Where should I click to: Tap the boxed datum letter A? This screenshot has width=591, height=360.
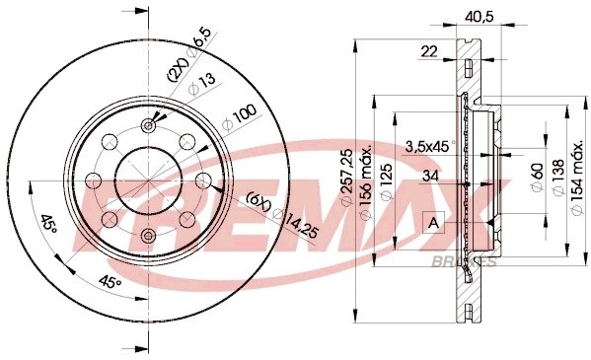(432, 224)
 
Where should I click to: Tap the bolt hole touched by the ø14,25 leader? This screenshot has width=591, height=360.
(201, 180)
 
